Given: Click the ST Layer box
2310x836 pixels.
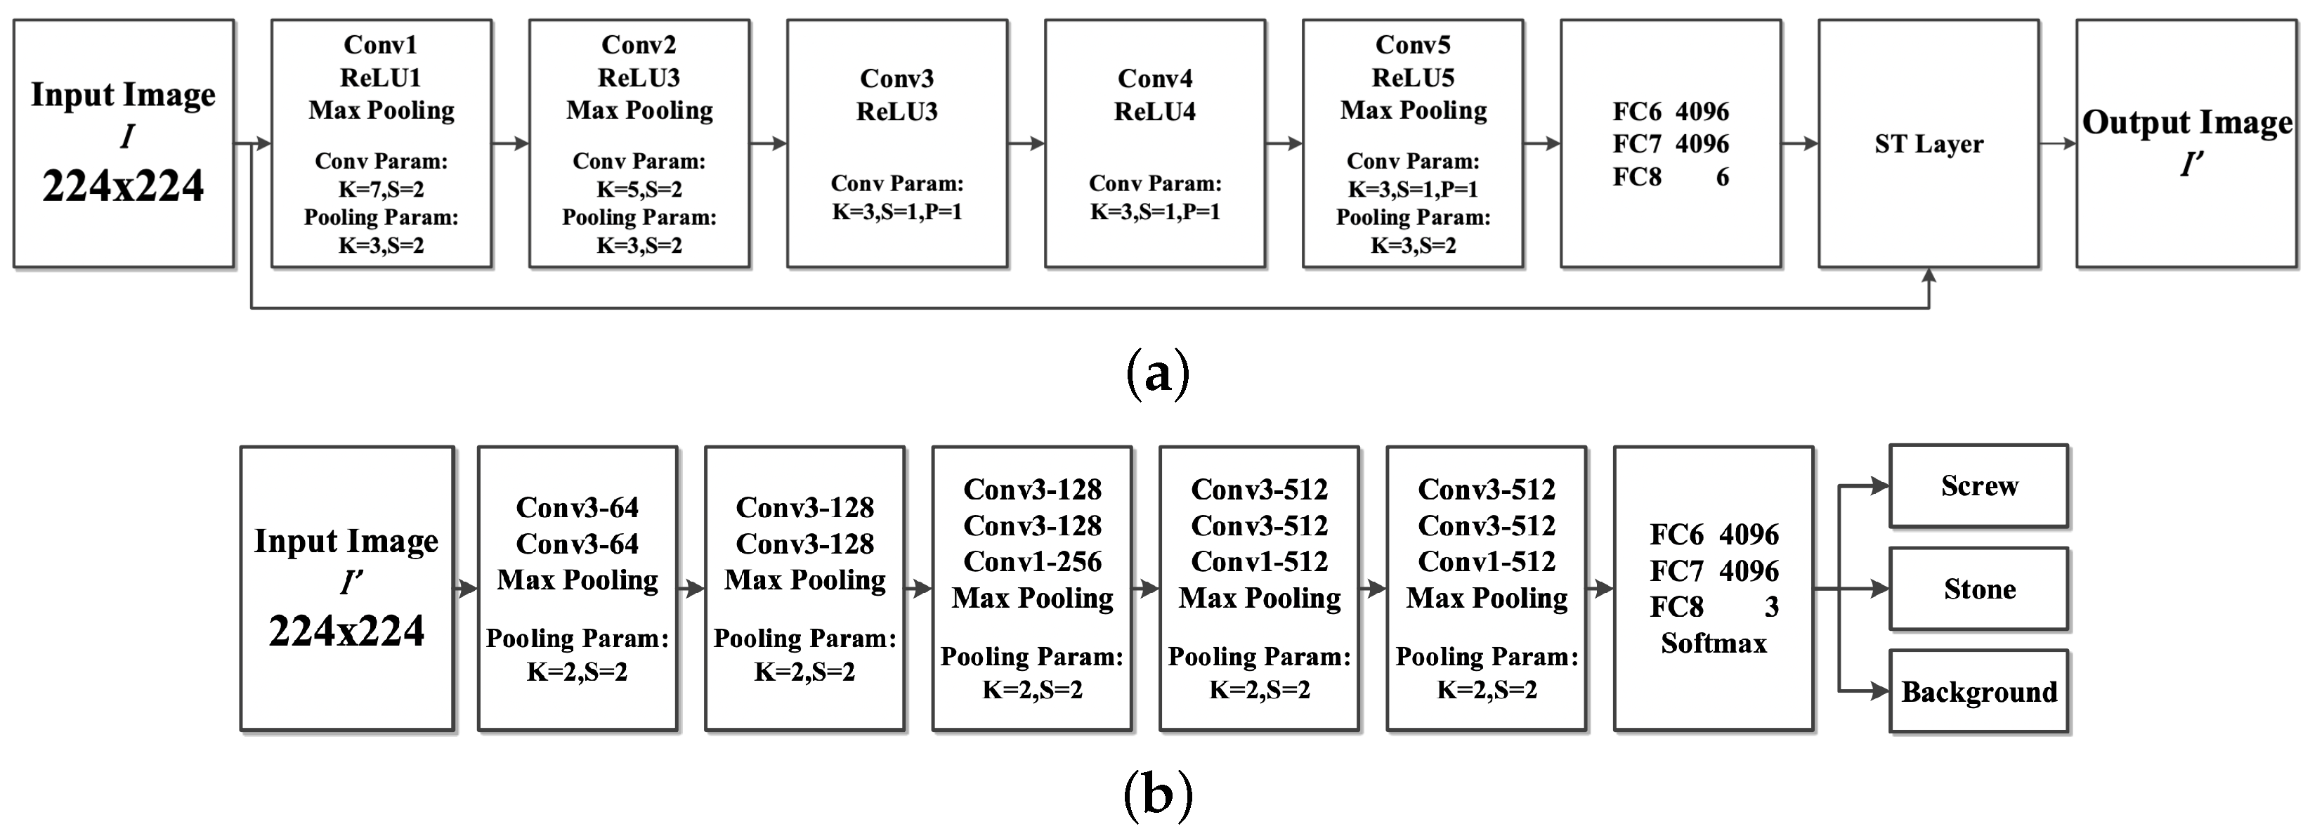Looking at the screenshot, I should (1928, 143).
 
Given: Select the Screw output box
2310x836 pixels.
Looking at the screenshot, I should (1978, 486).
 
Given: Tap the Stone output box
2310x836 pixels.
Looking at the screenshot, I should (1978, 589).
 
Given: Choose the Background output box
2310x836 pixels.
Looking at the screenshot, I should (1978, 691).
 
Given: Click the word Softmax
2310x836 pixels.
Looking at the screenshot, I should (1713, 643).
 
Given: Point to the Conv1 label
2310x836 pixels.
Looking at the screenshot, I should (380, 45).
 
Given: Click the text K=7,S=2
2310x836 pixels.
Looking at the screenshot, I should (380, 189).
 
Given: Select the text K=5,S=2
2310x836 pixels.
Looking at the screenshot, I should (639, 189).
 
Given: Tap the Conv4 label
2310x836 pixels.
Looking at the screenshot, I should (1154, 79).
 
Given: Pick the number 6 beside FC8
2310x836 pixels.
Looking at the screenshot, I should (1722, 178).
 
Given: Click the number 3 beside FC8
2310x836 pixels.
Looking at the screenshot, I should (1771, 607).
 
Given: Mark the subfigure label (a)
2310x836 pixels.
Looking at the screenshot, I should (1157, 372).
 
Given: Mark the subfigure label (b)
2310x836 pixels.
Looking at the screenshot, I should (1157, 794).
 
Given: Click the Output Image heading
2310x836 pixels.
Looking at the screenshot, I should (2186, 122).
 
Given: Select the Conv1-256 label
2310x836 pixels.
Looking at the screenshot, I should (1031, 561).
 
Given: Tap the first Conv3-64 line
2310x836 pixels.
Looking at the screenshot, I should (577, 508).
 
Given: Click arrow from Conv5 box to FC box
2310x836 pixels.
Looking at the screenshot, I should (1541, 143).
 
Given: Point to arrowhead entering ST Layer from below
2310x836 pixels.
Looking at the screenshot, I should (1928, 276).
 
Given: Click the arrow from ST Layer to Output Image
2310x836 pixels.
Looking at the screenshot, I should (2057, 143).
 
